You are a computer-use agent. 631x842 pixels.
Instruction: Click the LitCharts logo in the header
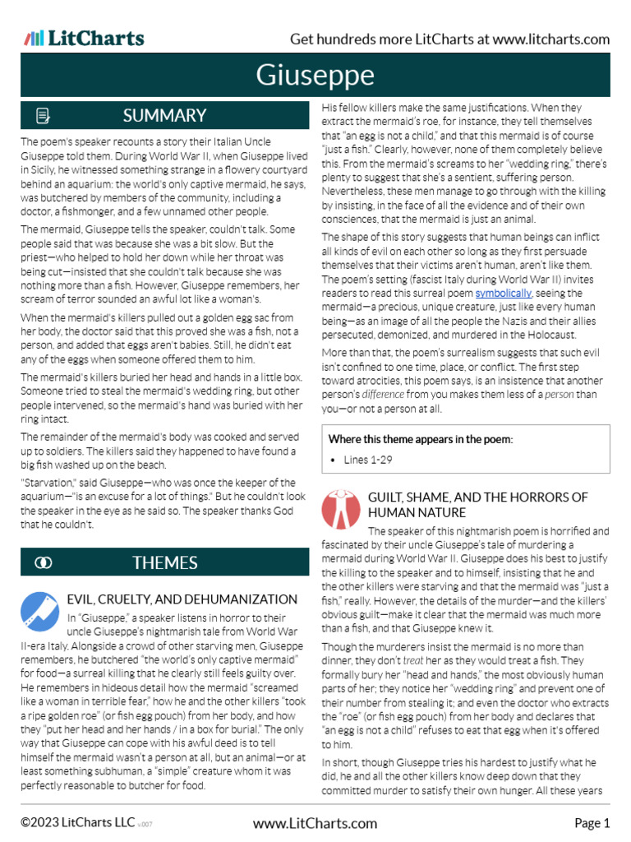[x=84, y=38]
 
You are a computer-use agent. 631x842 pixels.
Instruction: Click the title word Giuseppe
[x=315, y=76]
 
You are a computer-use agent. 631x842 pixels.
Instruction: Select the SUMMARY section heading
[x=164, y=116]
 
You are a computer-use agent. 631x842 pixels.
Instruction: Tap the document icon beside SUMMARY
[x=44, y=116]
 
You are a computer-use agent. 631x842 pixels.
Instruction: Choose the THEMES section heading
[x=164, y=562]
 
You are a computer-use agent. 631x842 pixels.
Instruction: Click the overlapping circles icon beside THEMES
[x=44, y=562]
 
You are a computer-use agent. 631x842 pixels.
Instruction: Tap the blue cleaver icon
[x=37, y=609]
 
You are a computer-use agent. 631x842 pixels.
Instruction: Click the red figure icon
[x=340, y=508]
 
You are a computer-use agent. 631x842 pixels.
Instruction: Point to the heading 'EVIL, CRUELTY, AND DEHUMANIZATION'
[x=182, y=599]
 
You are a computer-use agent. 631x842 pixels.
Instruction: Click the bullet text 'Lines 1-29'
[x=367, y=460]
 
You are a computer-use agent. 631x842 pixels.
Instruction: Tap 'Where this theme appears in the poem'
[x=420, y=439]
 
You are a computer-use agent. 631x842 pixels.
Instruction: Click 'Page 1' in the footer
[x=592, y=823]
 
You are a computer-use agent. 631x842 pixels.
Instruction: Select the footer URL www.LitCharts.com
[x=315, y=823]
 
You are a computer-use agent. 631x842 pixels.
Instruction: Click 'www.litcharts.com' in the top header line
[x=551, y=39]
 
